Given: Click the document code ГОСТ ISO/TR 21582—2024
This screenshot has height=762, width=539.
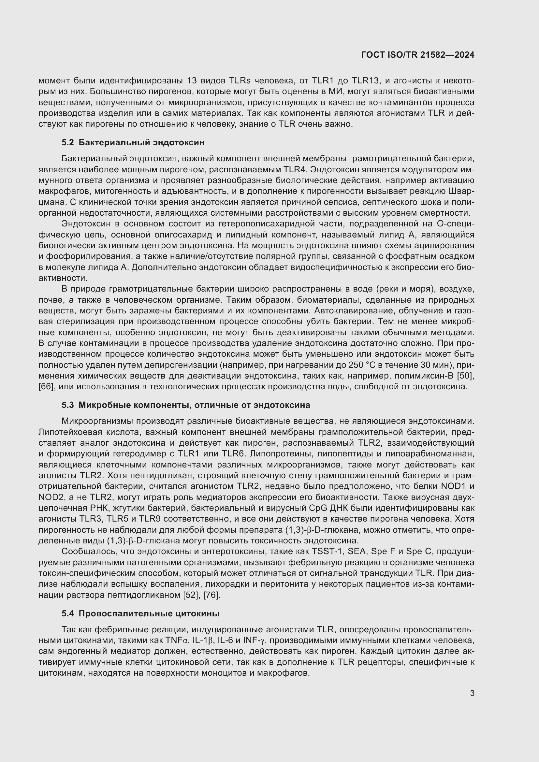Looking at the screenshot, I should pyautogui.click(x=417, y=55).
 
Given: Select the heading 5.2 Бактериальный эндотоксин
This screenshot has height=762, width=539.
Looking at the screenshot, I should pyautogui.click(x=133, y=142).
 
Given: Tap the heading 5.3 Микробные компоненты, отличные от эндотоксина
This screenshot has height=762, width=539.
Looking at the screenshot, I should pyautogui.click(x=186, y=405).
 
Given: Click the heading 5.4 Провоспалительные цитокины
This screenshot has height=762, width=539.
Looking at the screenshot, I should pyautogui.click(x=140, y=614).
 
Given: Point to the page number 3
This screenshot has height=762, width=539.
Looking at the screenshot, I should pyautogui.click(x=472, y=693).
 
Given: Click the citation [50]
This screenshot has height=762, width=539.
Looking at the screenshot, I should pyautogui.click(x=466, y=376).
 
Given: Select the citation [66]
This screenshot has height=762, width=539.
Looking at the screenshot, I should pyautogui.click(x=46, y=387).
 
